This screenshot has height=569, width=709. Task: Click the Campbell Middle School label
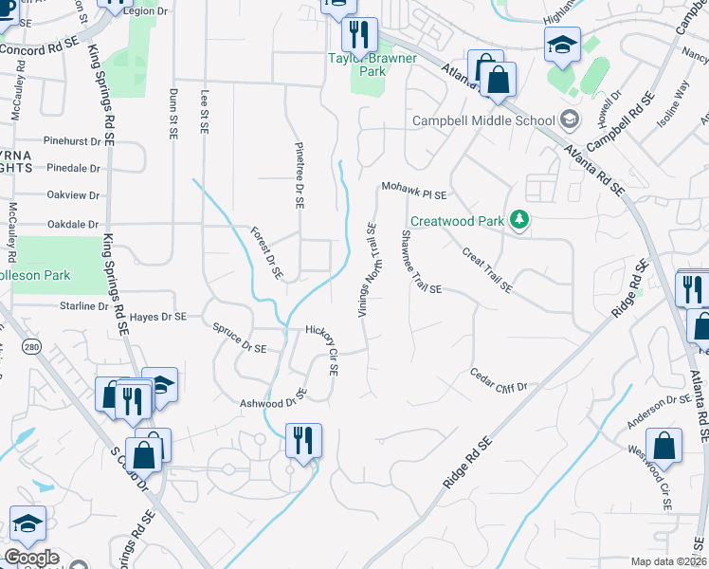tap(482, 120)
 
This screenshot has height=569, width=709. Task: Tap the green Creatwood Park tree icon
tap(518, 221)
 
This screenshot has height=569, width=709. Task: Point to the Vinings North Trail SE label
tap(367, 270)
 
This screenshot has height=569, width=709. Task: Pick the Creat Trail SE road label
tap(487, 269)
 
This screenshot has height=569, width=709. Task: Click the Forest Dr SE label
tap(266, 252)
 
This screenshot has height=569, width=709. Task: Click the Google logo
tap(31, 559)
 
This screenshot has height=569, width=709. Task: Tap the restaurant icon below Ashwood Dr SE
tap(303, 439)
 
